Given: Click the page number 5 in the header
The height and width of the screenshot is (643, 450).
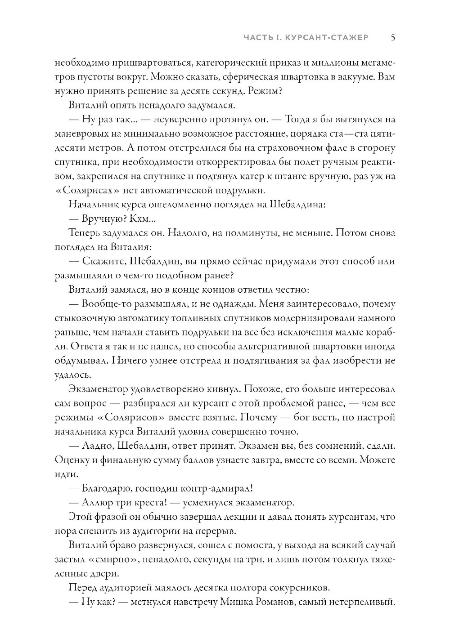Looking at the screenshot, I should [393, 38].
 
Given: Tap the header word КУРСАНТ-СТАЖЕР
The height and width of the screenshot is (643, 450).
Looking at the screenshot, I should [331, 38].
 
